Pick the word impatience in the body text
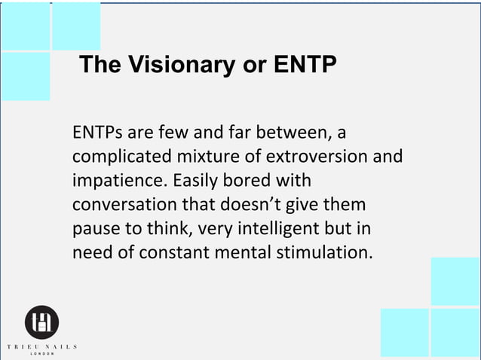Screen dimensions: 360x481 tap(118, 182)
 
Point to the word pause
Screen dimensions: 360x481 tap(94, 228)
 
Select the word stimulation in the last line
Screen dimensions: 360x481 tap(323, 252)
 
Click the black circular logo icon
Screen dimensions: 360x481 tap(41, 323)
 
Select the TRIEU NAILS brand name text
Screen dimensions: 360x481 tap(41, 346)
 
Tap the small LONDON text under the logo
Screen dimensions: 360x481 tap(41, 354)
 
